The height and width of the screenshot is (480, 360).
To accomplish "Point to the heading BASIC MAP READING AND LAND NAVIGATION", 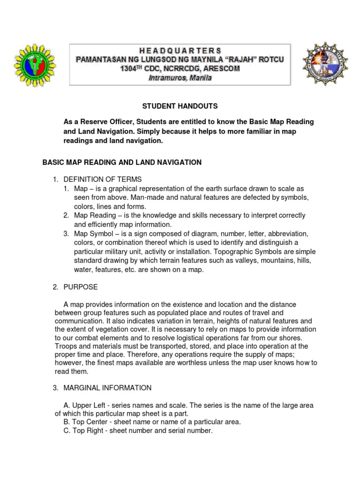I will click(x=122, y=162).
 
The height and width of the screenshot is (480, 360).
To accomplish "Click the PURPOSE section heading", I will click(x=81, y=287).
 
